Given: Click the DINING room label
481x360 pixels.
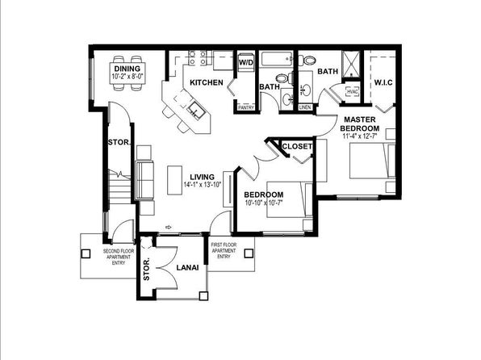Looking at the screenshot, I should point(127,69).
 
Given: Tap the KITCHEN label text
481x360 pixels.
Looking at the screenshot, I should point(207,82).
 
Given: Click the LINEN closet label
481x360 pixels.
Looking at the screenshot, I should point(304,107).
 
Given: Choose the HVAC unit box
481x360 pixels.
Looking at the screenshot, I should point(352,92).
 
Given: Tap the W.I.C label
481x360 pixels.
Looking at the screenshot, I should point(383,82).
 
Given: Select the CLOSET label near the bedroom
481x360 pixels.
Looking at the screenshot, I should point(297,146).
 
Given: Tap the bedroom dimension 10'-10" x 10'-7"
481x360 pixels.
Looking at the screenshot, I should point(263,203).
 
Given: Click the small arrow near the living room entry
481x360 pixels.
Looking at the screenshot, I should point(169,227).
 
